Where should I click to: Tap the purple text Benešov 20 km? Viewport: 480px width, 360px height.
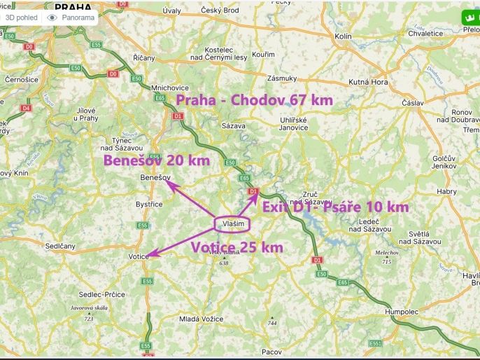(x=157, y=160)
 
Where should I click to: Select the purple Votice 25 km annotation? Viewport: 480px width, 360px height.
(x=237, y=247)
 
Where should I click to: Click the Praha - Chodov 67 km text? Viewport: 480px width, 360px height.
(x=254, y=100)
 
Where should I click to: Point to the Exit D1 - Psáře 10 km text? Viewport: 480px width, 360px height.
(x=335, y=207)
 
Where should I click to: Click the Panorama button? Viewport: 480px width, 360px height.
(x=71, y=18)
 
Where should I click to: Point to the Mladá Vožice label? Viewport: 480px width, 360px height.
(x=199, y=318)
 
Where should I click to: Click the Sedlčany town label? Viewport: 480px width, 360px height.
(x=60, y=247)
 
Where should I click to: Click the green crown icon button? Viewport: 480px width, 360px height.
(x=468, y=18)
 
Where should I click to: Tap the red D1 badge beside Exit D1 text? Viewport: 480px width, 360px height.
(x=253, y=191)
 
